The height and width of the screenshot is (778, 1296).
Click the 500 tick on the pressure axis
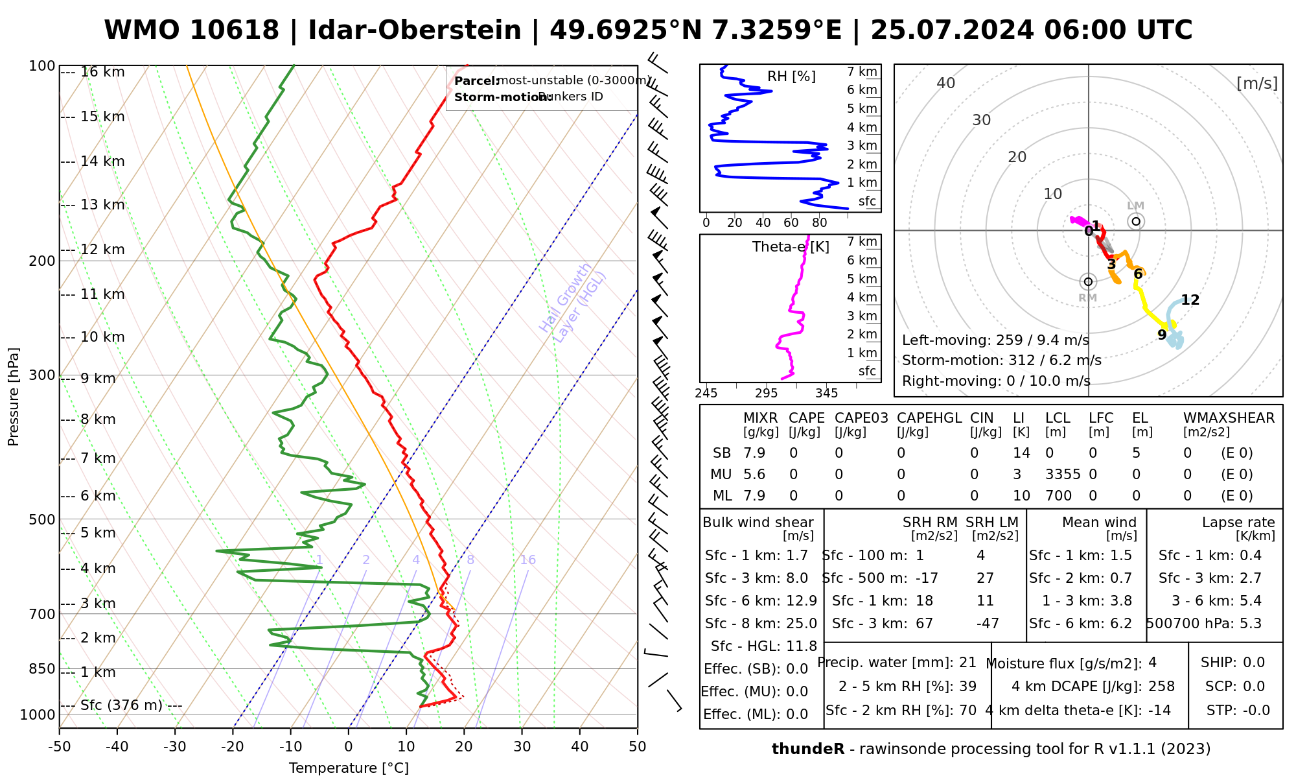click(x=43, y=519)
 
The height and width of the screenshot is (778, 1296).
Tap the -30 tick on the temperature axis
click(x=175, y=747)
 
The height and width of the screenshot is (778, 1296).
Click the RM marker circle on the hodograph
click(x=1088, y=282)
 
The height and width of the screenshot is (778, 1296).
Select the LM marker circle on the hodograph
click(x=1136, y=222)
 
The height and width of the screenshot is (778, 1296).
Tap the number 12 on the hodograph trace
click(x=1190, y=300)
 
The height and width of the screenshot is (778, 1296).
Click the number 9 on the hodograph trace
click(x=1162, y=335)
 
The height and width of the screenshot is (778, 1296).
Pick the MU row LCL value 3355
click(x=1063, y=475)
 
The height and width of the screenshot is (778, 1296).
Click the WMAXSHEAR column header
click(x=1229, y=418)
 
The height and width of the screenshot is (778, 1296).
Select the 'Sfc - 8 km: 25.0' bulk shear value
click(x=761, y=624)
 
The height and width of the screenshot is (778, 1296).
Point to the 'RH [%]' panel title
click(x=791, y=77)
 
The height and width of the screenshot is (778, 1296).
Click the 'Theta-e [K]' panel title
click(x=791, y=247)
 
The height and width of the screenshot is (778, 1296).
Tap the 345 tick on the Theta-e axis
click(x=826, y=394)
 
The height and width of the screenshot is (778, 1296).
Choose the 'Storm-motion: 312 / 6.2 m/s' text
click(x=1001, y=360)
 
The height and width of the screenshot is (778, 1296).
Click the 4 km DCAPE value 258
click(x=1161, y=687)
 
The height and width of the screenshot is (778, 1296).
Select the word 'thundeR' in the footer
click(x=807, y=749)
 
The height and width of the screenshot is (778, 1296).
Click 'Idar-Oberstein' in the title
click(x=415, y=30)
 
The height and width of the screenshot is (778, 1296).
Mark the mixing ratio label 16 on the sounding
click(x=527, y=560)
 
